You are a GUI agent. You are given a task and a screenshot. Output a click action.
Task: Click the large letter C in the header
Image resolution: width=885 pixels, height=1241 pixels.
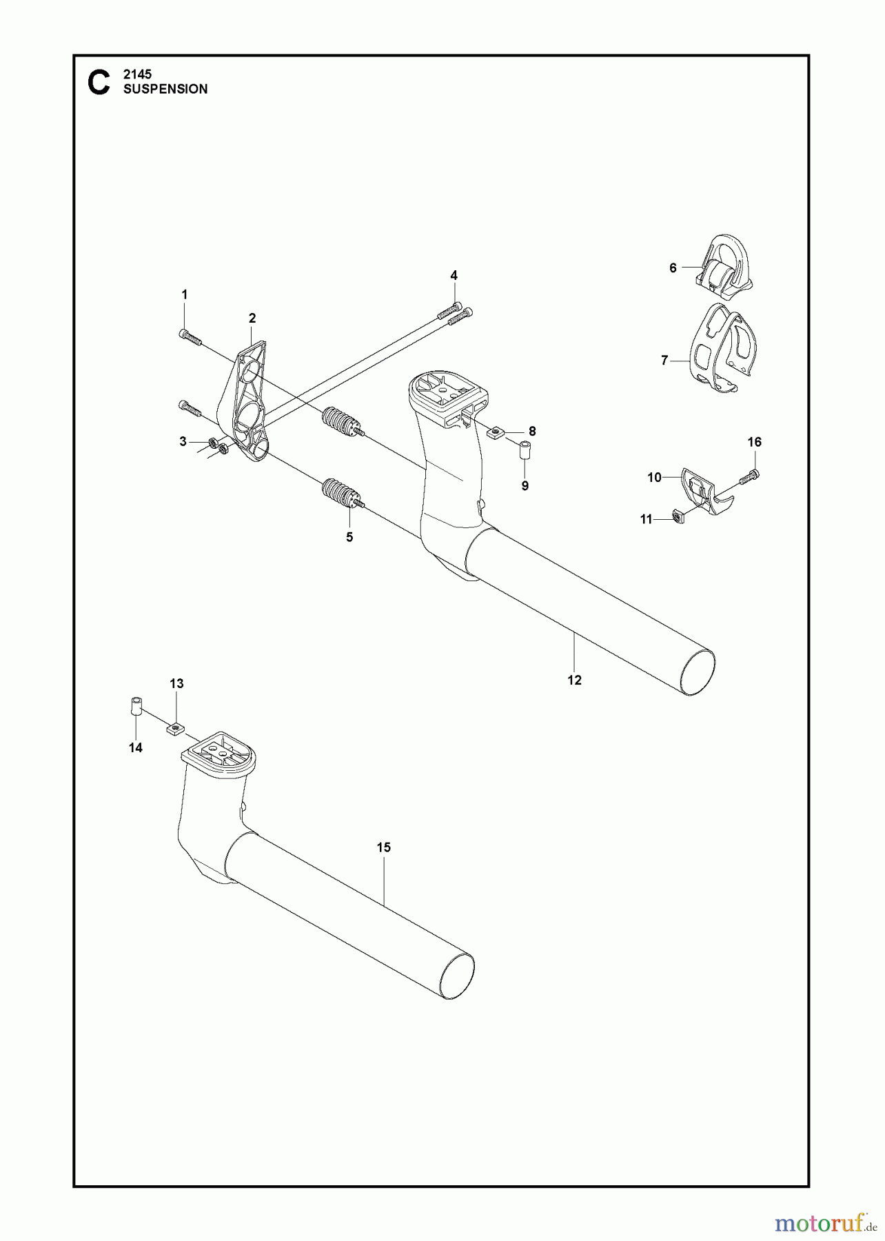(99, 82)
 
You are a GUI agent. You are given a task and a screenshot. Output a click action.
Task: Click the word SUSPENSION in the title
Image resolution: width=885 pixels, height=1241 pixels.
(165, 89)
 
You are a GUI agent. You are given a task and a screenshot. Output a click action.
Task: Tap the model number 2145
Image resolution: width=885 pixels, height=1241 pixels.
(137, 74)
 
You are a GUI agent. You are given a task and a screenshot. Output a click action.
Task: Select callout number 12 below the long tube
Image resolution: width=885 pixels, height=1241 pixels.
(574, 680)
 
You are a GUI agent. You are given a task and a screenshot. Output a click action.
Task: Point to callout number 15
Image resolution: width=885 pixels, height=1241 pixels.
(383, 847)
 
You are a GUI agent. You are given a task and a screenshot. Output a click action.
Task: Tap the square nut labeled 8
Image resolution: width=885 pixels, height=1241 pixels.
(496, 432)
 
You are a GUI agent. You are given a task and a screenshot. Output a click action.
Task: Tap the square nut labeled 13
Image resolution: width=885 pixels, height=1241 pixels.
(176, 727)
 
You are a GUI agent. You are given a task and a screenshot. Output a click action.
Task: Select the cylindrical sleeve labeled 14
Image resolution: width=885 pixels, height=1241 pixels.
(136, 707)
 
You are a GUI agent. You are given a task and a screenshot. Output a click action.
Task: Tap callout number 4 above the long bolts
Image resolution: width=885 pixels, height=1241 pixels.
(454, 276)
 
